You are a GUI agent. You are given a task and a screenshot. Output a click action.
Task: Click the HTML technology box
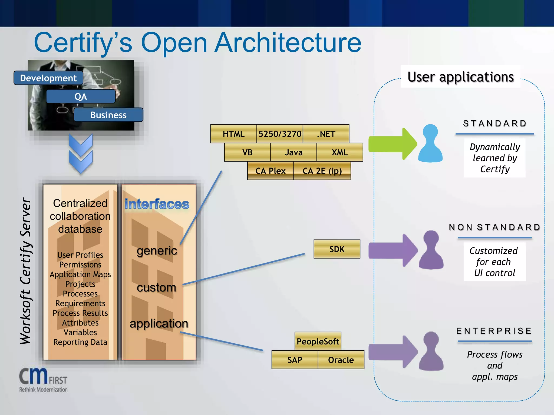(233, 134)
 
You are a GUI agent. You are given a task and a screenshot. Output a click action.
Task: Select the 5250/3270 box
(280, 134)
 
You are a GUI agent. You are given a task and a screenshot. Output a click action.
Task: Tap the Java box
(294, 152)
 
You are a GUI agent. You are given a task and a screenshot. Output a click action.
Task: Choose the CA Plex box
(270, 171)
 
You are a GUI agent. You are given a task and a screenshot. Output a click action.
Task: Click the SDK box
(337, 249)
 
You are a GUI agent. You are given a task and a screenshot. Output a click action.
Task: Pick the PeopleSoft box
(318, 341)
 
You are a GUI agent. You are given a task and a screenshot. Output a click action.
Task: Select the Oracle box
(341, 360)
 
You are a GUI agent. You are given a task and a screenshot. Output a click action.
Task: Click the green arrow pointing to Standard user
(392, 144)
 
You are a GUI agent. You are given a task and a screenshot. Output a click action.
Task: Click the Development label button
(48, 78)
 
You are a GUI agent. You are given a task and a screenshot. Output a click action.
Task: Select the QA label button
(81, 96)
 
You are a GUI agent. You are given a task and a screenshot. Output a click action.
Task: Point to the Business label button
(108, 115)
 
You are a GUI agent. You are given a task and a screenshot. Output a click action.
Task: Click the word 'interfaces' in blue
(157, 204)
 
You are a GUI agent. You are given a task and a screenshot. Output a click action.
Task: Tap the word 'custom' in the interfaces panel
(156, 287)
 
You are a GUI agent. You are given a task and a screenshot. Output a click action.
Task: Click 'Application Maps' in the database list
(80, 274)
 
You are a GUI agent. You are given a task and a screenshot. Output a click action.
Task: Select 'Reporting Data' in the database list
(80, 342)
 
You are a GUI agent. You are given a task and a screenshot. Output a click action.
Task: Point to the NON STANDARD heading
(494, 227)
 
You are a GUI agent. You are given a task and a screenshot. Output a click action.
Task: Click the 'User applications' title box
(460, 77)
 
